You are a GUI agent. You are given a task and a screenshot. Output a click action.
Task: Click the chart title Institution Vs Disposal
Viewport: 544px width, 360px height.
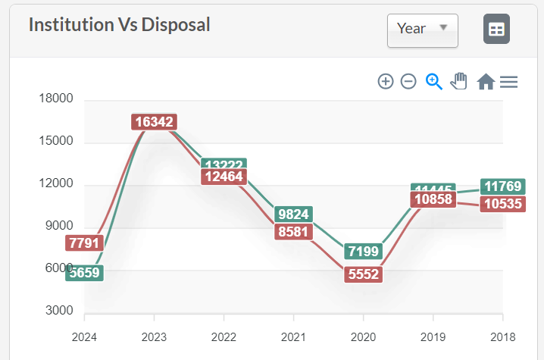pos(119,24)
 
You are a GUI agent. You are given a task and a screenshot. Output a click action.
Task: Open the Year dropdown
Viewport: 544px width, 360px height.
pos(422,30)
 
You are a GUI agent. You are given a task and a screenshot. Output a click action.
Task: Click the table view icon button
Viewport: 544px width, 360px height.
pos(496,30)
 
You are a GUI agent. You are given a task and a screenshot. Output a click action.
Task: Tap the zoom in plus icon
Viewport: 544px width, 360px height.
pos(386,81)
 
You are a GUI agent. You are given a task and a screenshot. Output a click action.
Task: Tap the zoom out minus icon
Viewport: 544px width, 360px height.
pos(408,81)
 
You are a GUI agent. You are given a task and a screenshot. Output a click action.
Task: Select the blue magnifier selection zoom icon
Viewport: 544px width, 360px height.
pos(433,81)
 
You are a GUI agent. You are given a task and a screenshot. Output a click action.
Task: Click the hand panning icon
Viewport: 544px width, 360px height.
pos(458,81)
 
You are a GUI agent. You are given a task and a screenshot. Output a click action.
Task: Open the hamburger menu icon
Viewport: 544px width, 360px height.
pos(509,81)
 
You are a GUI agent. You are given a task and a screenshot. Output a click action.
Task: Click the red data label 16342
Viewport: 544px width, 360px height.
pos(154,121)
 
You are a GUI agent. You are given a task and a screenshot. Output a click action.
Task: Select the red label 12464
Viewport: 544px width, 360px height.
pos(224,177)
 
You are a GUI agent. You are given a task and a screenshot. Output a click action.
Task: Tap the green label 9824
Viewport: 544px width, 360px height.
pos(293,214)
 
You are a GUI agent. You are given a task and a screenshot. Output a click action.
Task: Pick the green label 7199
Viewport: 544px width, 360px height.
pos(363,250)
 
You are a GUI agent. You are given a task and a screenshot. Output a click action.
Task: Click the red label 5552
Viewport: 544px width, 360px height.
pos(363,276)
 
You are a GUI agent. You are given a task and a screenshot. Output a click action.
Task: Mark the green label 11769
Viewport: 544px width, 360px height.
pos(503,186)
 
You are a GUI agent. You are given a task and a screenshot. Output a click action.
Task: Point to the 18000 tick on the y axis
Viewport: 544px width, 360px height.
pos(57,99)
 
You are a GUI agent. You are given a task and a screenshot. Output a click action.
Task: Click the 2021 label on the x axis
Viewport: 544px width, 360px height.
pos(293,337)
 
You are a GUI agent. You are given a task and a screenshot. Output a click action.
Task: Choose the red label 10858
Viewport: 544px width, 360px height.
pos(433,200)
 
